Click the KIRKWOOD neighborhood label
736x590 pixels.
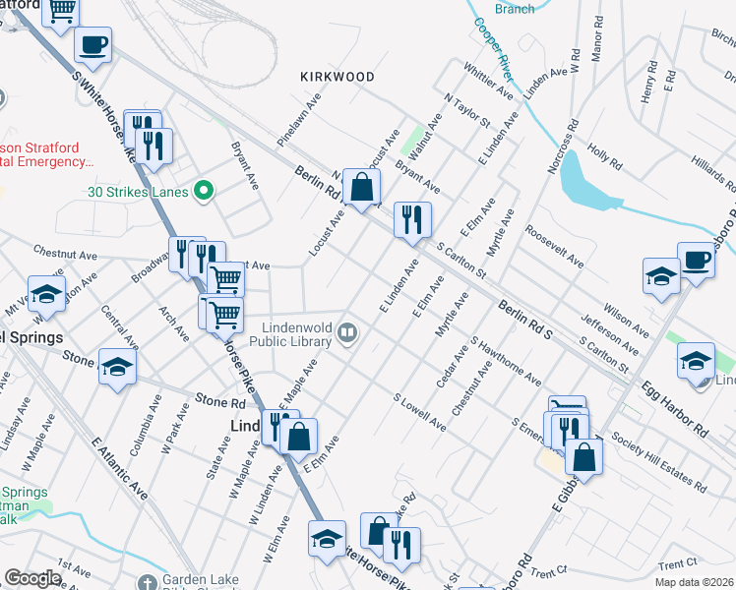[x=337, y=76]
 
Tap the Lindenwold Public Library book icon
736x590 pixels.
[x=346, y=332]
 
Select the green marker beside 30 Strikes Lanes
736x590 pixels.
[x=204, y=191]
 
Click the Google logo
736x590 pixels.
[x=32, y=578]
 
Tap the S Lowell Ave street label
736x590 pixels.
[x=420, y=413]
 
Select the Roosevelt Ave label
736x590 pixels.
[x=555, y=250]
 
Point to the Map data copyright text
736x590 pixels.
[x=696, y=581]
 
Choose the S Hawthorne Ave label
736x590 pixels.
[x=506, y=363]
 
